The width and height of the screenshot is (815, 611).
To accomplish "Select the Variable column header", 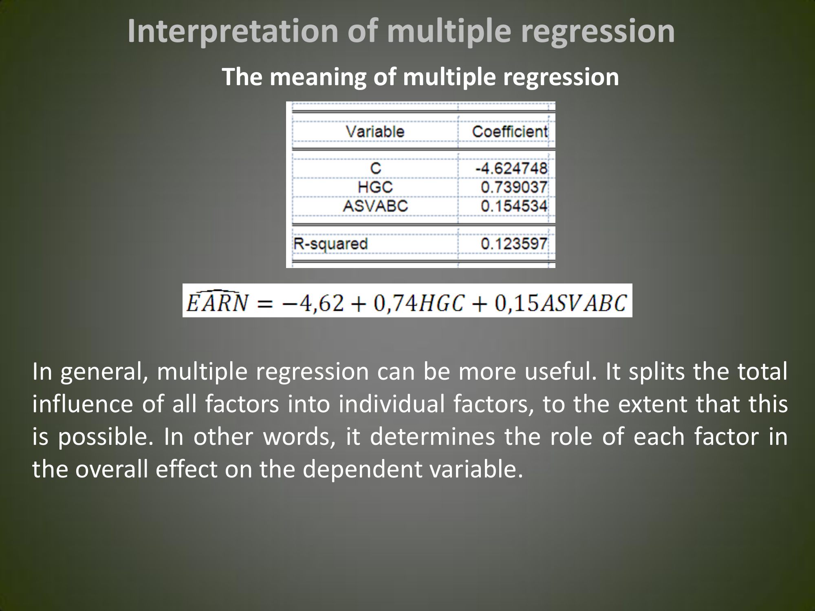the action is (375, 132).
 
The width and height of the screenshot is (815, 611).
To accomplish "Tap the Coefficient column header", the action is (510, 132).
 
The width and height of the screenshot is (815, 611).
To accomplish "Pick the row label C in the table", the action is (375, 168).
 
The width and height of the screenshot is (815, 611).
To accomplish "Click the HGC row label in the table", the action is (375, 187).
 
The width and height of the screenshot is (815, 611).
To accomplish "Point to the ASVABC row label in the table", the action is (375, 206).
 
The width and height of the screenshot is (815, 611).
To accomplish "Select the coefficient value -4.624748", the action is (512, 168).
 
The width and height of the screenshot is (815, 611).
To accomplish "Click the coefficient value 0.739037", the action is (514, 187).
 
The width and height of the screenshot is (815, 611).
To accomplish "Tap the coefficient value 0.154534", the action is (514, 206).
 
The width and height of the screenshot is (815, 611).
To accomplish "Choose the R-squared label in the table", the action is (330, 244).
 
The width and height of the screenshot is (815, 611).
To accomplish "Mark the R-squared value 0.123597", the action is (514, 244).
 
